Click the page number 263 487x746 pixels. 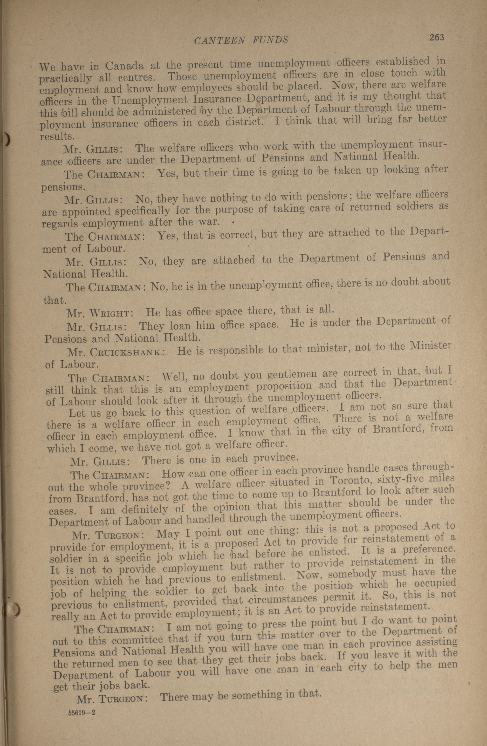pos(437,38)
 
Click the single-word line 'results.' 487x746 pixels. pos(53,136)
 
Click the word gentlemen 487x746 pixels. pos(301,374)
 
